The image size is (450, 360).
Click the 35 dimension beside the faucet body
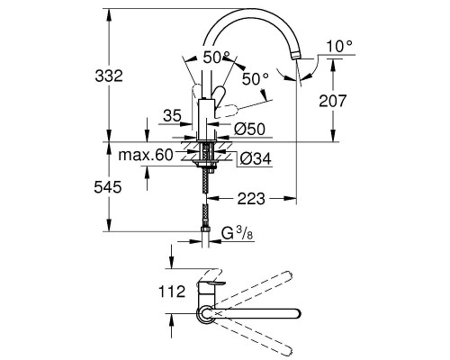tap(175, 115)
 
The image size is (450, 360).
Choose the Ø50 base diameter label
tap(251, 129)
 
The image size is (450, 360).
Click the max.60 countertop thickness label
tap(145, 156)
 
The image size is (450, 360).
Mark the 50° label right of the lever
tap(255, 79)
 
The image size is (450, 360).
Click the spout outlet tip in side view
tap(295, 58)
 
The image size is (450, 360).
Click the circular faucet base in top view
tap(206, 313)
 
